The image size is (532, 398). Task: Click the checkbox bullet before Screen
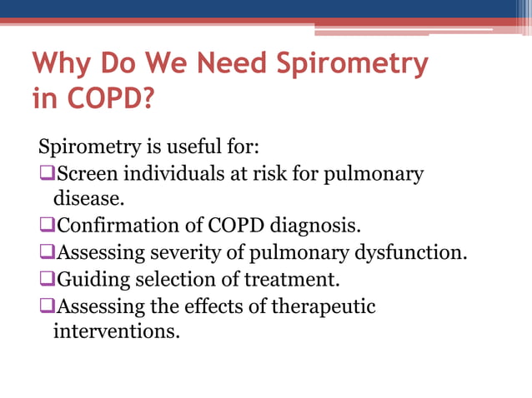pos(47,175)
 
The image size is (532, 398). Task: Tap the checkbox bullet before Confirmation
pos(47,226)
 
